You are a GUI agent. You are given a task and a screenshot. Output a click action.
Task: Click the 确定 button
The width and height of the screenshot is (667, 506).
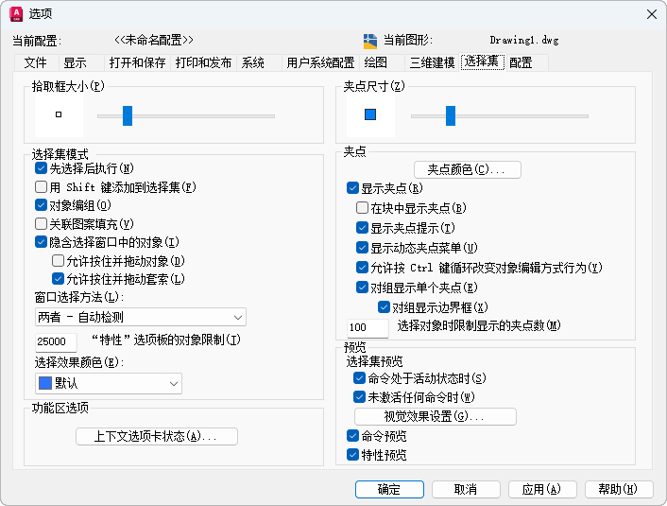(x=389, y=489)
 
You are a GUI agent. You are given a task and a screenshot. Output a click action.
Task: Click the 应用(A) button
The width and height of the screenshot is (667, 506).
(x=541, y=489)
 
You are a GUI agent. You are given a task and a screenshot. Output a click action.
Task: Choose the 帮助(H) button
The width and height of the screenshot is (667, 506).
(x=618, y=489)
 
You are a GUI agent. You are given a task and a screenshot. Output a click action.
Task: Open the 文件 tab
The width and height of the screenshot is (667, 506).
(x=35, y=63)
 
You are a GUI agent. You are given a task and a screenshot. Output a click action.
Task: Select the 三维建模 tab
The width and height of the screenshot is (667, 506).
(x=432, y=63)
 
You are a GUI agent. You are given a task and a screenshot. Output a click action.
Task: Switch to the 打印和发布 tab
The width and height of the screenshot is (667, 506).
(x=203, y=63)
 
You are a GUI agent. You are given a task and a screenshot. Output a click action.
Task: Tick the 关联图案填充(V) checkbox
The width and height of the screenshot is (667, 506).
(x=41, y=224)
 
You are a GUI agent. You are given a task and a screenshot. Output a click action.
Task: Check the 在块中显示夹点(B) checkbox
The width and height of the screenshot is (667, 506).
(x=362, y=208)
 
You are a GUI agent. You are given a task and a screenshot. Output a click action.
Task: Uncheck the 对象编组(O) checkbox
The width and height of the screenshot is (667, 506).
(x=41, y=205)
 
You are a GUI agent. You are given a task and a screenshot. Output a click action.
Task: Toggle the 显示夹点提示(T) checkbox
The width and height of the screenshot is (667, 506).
(x=362, y=228)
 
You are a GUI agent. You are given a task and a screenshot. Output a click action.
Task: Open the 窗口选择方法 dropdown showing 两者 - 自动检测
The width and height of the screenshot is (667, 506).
(x=140, y=317)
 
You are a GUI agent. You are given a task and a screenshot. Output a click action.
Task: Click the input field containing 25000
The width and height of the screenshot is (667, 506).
(x=55, y=341)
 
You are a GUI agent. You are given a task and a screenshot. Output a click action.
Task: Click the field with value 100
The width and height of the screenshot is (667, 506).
(x=367, y=327)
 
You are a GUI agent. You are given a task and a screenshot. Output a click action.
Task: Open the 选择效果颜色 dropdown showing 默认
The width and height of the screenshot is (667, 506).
(x=108, y=383)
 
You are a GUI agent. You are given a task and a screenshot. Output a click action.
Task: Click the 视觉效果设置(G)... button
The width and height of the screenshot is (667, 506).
(x=435, y=416)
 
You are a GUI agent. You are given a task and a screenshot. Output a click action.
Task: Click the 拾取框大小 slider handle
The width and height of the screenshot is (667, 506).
(x=128, y=115)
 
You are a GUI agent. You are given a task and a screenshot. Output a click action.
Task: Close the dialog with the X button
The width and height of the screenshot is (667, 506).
(x=650, y=13)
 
